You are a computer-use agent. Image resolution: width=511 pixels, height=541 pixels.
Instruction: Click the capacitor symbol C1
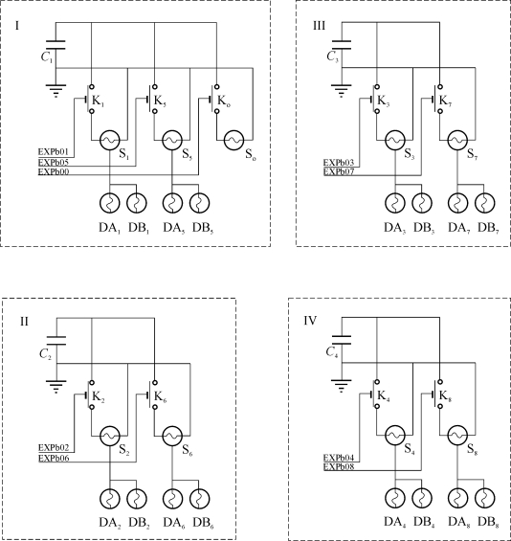click(56, 45)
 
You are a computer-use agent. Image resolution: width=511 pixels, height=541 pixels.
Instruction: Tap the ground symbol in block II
click(56, 387)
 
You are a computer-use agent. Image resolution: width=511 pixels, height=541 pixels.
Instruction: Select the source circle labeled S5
click(172, 140)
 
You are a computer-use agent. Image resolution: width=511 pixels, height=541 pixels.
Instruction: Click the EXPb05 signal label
click(54, 162)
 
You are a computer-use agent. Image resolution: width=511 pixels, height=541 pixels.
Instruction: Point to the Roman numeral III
click(319, 26)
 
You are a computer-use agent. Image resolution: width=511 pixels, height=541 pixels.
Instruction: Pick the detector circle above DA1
click(110, 203)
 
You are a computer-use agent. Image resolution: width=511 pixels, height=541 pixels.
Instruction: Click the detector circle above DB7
click(485, 203)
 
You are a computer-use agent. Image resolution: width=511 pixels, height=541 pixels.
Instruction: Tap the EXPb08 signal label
click(339, 467)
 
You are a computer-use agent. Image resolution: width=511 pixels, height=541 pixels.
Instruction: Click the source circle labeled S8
click(457, 436)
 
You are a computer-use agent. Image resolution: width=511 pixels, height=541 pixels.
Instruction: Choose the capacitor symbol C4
click(342, 340)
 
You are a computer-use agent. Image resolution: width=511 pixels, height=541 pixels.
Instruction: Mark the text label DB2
click(140, 524)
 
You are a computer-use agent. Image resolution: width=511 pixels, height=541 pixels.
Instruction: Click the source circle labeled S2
click(110, 436)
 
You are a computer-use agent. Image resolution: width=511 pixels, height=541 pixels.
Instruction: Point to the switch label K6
click(161, 396)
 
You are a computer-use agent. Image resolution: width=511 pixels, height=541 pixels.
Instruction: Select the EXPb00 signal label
click(54, 171)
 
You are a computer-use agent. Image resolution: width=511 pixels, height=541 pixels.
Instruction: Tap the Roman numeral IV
click(310, 321)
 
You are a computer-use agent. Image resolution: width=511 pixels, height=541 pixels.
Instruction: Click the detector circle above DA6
click(172, 499)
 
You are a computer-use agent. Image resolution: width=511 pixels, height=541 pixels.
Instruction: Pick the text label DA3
click(395, 228)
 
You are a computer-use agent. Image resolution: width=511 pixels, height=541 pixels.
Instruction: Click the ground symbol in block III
click(342, 91)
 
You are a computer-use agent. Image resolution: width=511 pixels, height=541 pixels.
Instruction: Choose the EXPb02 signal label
click(54, 448)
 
